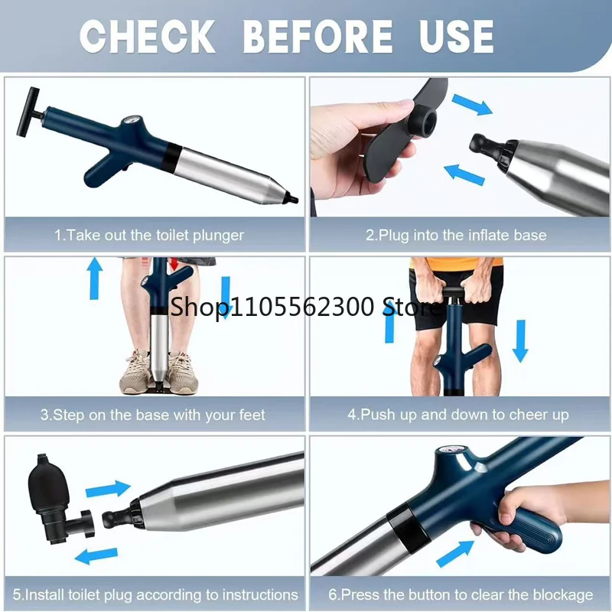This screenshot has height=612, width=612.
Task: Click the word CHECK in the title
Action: pos(148,36)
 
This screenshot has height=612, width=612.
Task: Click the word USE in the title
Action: pos(456,36)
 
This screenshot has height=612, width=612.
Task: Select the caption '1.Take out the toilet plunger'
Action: pos(148,236)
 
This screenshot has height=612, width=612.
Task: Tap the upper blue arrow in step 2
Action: pos(471,105)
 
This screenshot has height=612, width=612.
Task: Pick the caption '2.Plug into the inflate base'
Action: pos(456,236)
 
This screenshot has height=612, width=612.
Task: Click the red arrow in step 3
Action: pos(174,264)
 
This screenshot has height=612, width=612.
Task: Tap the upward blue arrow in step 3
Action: pos(94,278)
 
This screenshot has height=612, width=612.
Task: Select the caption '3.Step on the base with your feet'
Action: pos(152,415)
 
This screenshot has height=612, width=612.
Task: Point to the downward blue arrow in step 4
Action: pos(521,341)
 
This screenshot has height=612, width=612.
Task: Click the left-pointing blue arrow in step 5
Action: pos(96,555)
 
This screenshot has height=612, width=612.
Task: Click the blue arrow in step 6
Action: pos(454,553)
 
